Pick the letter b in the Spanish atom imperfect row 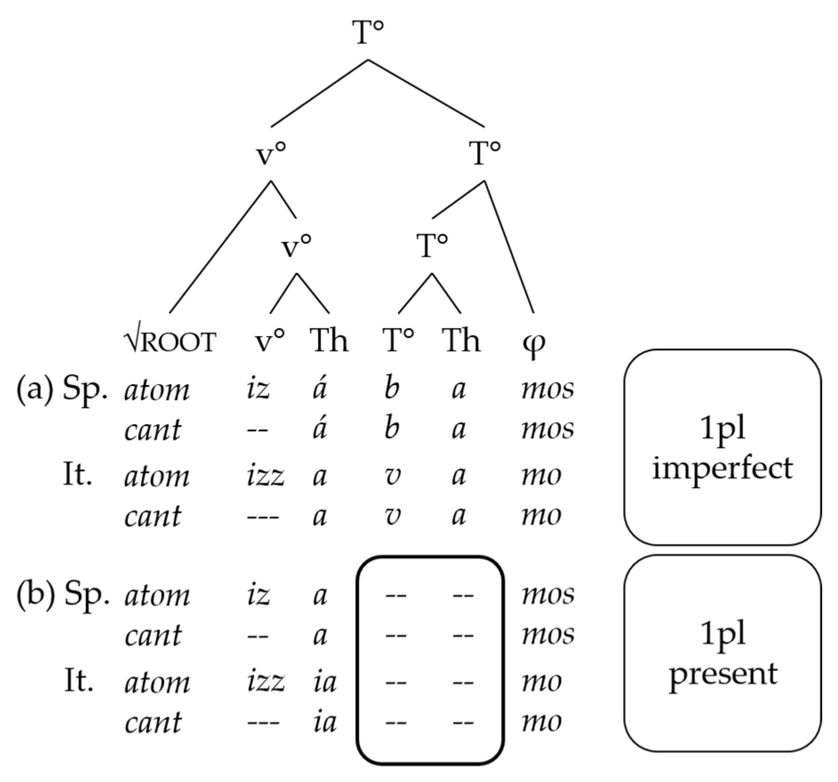pyautogui.click(x=391, y=388)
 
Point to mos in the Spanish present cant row pyautogui.click(x=547, y=635)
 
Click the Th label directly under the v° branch pyautogui.click(x=329, y=341)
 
